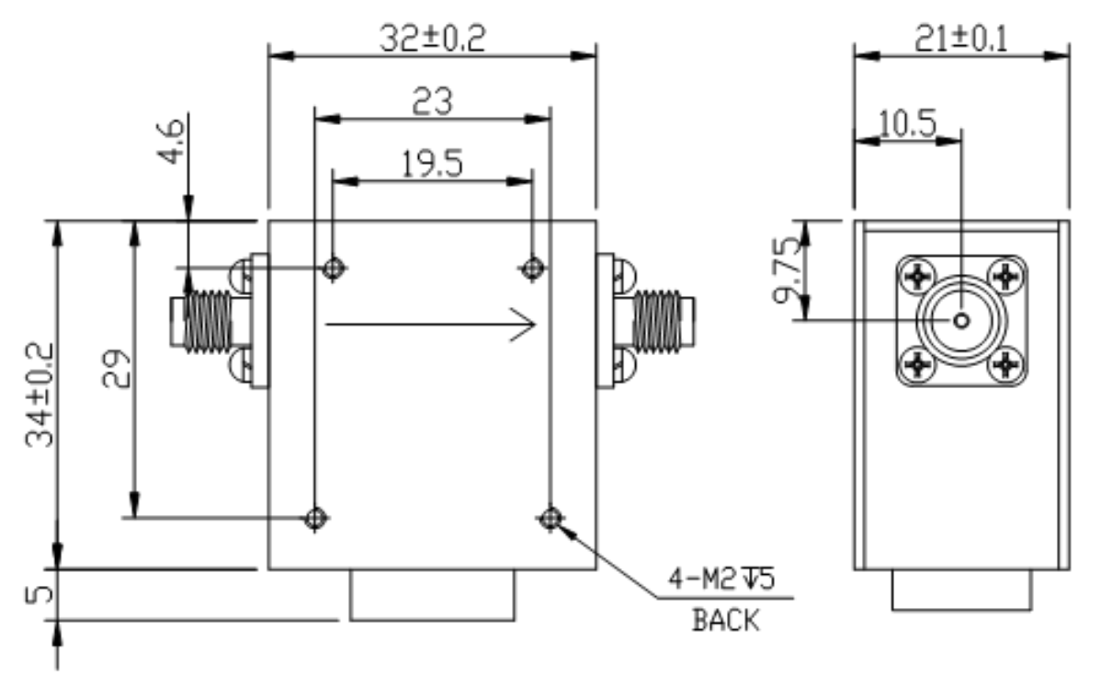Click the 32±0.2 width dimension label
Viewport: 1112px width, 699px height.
pos(432,39)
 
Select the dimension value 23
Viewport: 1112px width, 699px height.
pos(432,101)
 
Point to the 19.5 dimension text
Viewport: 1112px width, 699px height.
pos(432,164)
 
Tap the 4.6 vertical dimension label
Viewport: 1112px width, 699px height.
pos(170,142)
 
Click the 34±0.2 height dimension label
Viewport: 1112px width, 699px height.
pos(40,395)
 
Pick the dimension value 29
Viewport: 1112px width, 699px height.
pos(116,369)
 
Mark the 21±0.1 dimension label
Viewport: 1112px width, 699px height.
pos(961,39)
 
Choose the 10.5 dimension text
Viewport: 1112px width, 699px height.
pos(908,122)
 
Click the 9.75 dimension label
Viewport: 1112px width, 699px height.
pos(788,270)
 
